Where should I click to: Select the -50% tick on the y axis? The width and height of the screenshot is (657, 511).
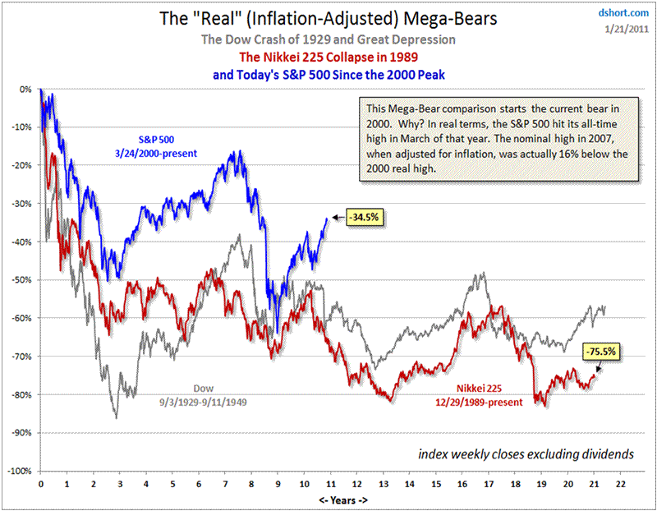click(23, 280)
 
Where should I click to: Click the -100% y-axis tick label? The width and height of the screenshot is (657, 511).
click(21, 472)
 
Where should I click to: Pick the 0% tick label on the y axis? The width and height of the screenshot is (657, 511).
click(26, 89)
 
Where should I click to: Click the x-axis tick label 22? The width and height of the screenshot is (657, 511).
click(626, 485)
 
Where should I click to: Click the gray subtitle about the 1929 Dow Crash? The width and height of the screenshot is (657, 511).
click(328, 39)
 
